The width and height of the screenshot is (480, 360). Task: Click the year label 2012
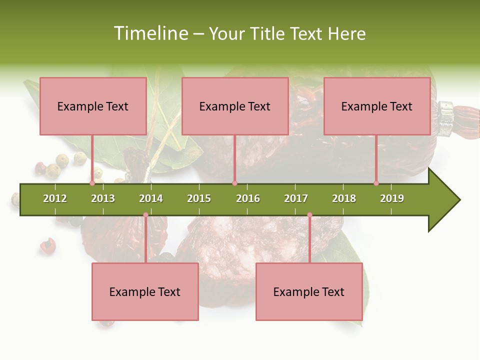tap(55, 198)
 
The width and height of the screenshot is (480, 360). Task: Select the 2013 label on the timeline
tap(103, 198)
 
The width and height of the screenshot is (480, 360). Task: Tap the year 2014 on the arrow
tap(151, 198)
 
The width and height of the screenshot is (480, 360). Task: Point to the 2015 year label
tap(199, 198)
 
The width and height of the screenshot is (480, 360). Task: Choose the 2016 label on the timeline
tap(248, 198)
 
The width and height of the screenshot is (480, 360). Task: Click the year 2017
tap(296, 198)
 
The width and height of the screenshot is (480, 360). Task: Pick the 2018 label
tap(344, 198)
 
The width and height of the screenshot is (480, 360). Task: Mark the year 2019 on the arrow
tap(392, 198)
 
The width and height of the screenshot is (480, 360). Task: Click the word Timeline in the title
tap(150, 33)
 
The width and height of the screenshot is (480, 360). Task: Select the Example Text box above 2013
tap(93, 106)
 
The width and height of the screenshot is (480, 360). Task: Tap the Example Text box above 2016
tap(235, 106)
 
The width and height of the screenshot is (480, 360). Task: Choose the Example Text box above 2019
tap(377, 106)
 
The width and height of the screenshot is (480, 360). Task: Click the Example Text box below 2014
tap(145, 291)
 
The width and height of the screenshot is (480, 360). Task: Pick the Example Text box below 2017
tap(309, 291)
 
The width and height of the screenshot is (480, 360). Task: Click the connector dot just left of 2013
tap(92, 183)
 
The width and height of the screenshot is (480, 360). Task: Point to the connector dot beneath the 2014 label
tap(145, 214)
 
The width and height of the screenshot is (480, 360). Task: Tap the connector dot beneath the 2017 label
tap(309, 214)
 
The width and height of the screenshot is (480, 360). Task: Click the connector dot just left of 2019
tap(376, 183)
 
